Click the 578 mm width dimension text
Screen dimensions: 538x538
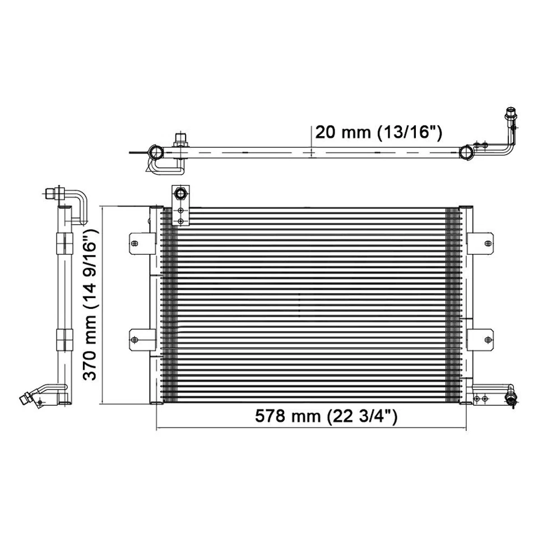point(326,416)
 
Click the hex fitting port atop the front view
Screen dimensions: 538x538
point(180,194)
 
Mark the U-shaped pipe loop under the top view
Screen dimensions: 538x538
point(163,165)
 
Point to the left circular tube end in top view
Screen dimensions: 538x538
point(155,152)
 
